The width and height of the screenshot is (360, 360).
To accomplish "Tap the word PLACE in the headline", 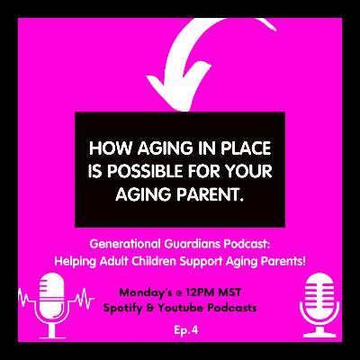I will (231, 146).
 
